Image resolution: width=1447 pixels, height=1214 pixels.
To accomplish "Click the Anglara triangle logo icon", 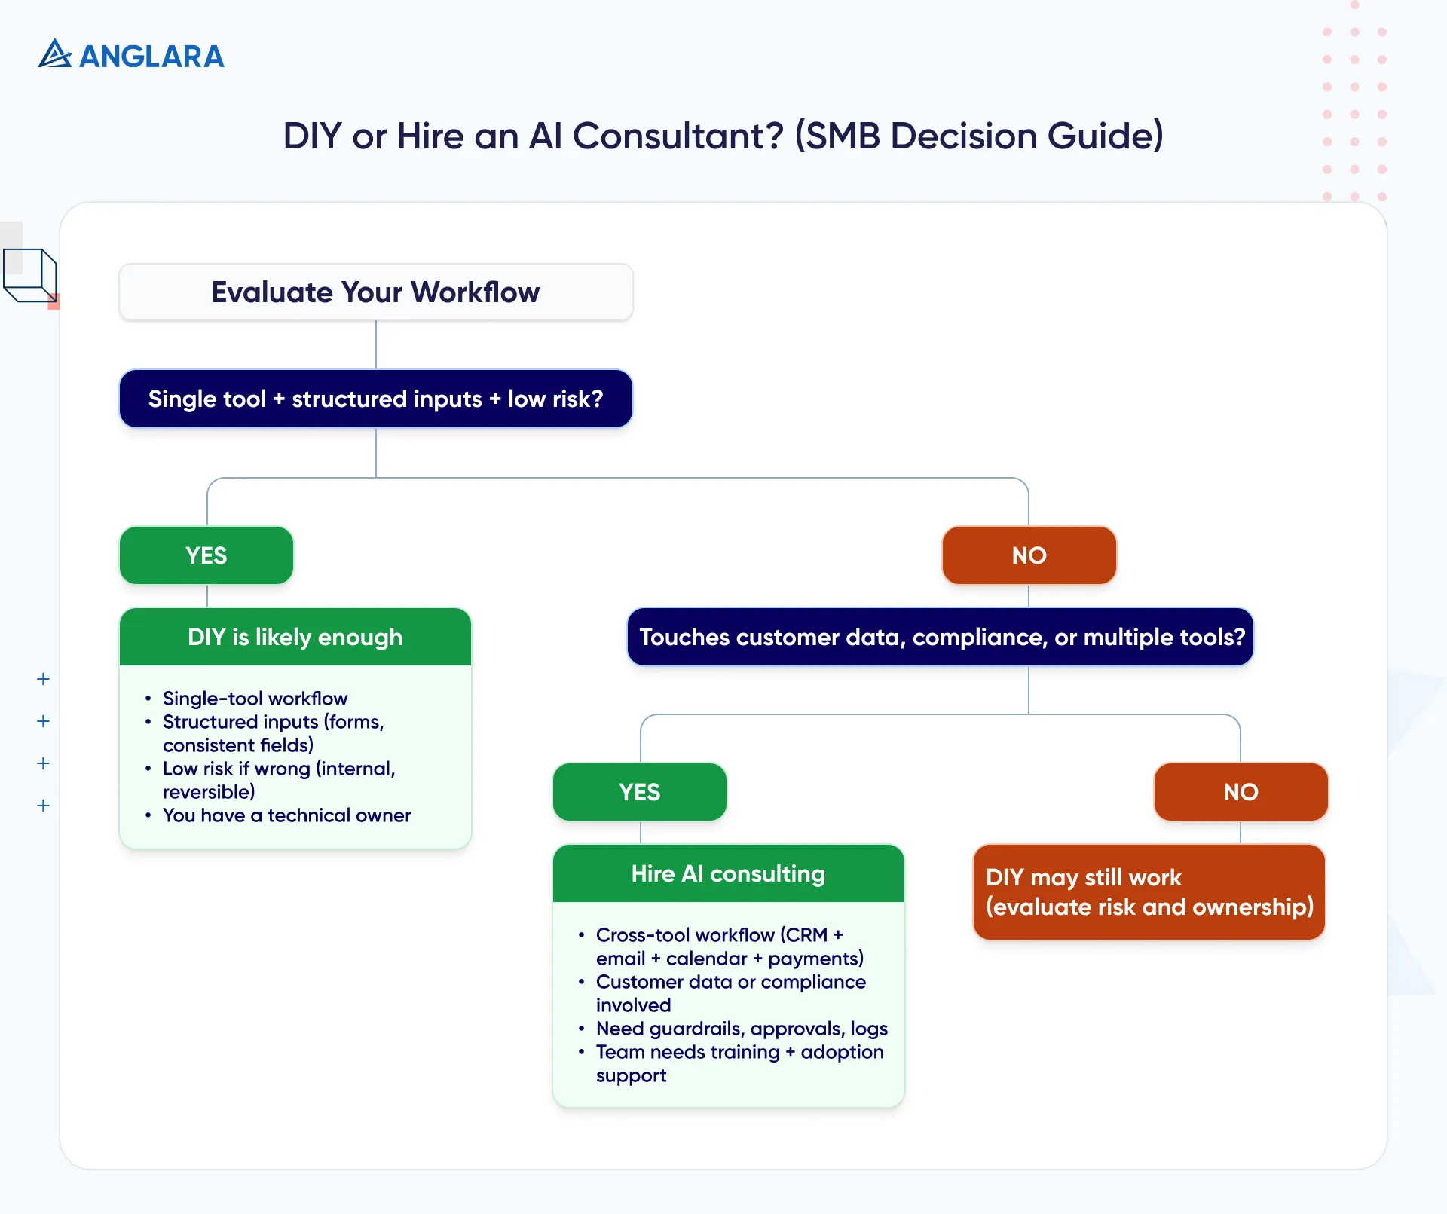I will point(54,54).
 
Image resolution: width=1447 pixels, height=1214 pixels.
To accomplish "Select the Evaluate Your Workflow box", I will point(375,292).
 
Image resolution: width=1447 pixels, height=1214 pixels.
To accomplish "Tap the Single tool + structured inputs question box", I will point(375,399).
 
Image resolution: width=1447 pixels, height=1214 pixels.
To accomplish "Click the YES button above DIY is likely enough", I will point(206,555).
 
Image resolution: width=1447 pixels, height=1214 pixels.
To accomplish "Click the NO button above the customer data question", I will point(1029,555).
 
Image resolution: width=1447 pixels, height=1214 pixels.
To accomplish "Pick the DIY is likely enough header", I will point(295,638).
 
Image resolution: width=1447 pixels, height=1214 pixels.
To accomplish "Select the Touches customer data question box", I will point(941,638).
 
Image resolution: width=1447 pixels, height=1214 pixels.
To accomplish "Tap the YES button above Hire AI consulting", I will point(639,792).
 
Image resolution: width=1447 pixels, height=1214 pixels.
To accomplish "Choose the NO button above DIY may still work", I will point(1241,792).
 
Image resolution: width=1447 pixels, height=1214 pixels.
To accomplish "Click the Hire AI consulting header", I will point(728,874).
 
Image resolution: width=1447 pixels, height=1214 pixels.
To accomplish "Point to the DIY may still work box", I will point(1149,892).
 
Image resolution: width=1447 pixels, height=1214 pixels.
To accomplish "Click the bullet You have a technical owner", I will point(286,815).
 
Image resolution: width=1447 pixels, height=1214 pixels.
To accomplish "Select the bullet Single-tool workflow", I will point(255,699).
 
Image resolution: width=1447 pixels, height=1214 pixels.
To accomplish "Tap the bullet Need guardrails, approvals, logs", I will point(742,1029).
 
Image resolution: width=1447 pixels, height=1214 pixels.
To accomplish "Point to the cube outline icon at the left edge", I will point(30,276).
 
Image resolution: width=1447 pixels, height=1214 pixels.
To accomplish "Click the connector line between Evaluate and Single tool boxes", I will point(376,344).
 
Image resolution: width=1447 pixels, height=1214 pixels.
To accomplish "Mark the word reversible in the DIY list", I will point(209,792).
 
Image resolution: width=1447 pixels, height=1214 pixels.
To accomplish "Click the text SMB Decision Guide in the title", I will point(979,136).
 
